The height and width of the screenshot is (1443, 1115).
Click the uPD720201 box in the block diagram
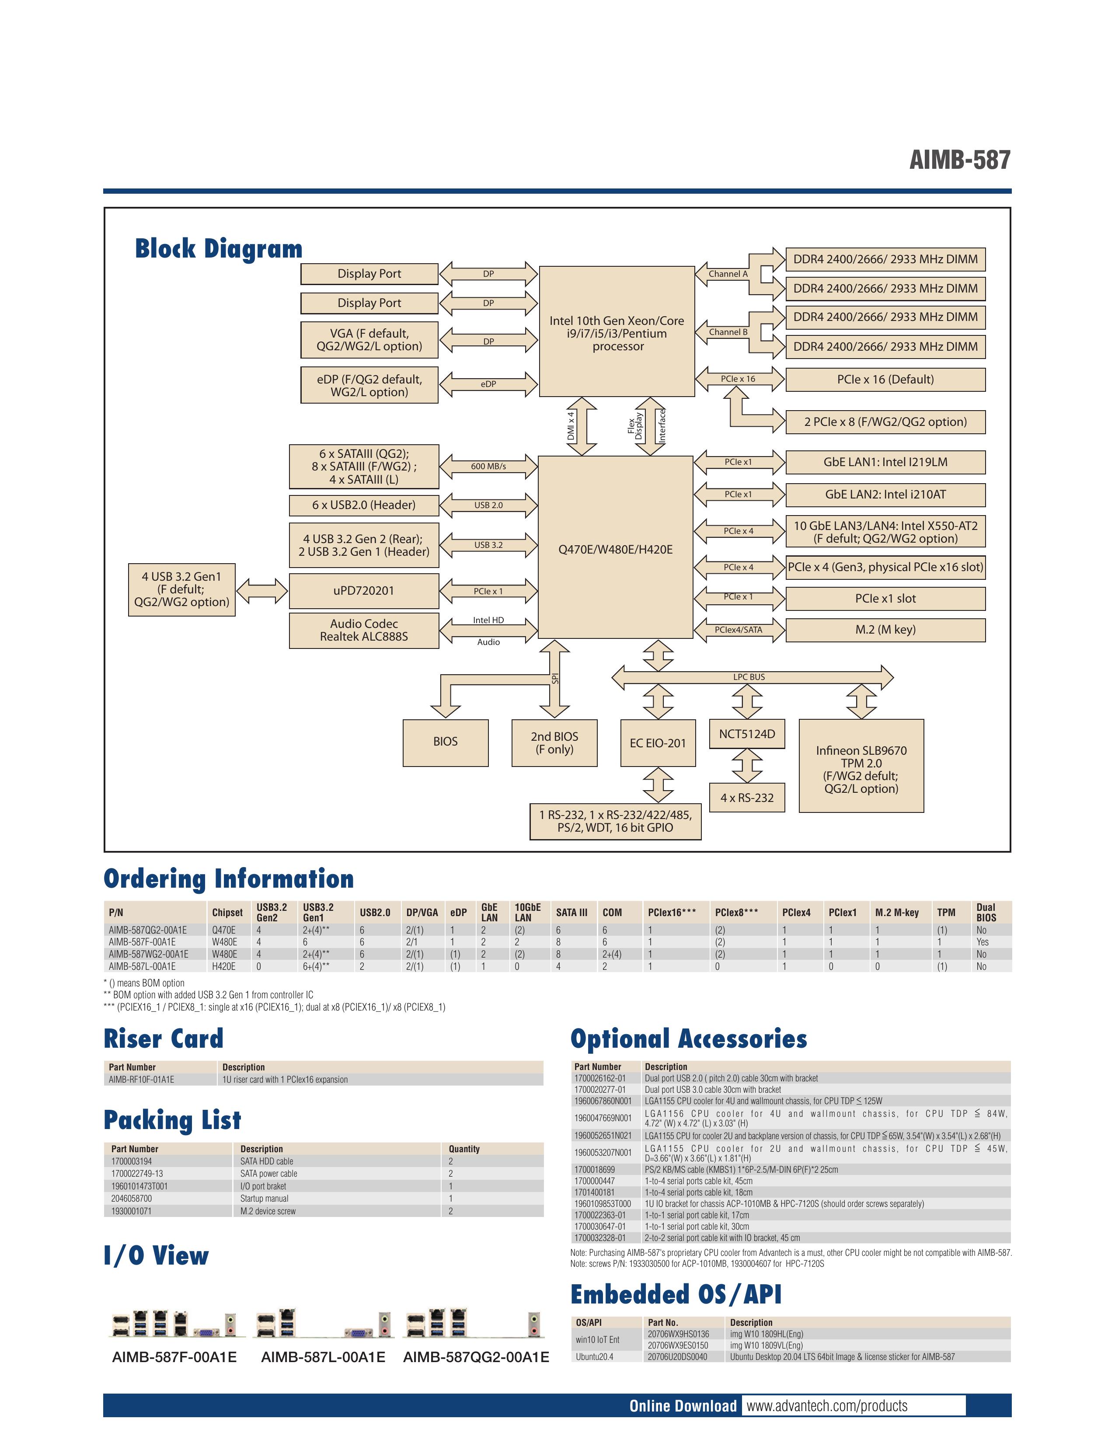pos(363,591)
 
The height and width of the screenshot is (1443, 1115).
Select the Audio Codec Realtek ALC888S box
pos(363,630)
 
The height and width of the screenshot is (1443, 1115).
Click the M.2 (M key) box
pos(885,630)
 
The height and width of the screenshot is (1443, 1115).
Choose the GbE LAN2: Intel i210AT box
pos(885,494)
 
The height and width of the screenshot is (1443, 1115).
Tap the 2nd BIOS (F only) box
pos(554,742)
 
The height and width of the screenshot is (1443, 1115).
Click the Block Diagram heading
pos(219,249)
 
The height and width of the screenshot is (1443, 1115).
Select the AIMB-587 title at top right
pos(960,160)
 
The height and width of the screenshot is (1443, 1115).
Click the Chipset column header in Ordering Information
pos(227,913)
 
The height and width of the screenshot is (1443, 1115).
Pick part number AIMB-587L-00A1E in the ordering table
pos(142,966)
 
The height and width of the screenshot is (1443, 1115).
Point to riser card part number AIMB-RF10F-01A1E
pos(141,1080)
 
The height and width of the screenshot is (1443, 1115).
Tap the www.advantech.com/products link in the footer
pos(827,1405)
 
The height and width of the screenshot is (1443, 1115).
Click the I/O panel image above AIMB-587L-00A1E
pos(324,1324)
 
